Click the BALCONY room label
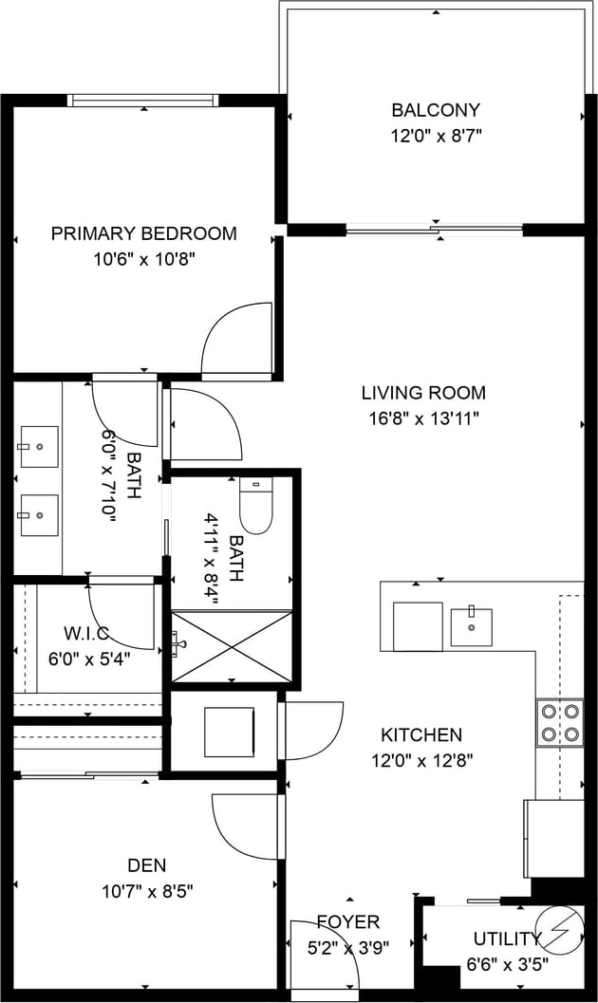(x=436, y=110)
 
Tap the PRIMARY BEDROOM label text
(x=144, y=233)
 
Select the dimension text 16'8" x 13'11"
(x=424, y=419)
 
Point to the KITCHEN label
(x=421, y=734)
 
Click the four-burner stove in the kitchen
(x=560, y=722)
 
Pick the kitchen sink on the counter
(x=472, y=627)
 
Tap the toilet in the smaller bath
(x=256, y=505)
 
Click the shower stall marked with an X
(x=232, y=647)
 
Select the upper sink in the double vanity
(x=39, y=447)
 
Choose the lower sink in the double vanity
(x=39, y=515)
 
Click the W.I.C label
(x=86, y=634)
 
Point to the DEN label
(x=147, y=865)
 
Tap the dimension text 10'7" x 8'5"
(x=148, y=891)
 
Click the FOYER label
(x=348, y=921)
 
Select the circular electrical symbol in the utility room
(x=560, y=930)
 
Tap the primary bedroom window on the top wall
(x=144, y=101)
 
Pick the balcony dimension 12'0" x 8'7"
(x=437, y=137)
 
